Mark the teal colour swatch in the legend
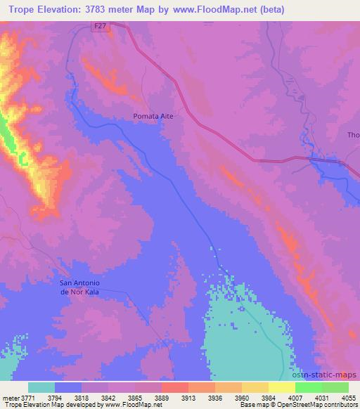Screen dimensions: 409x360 pos(41,387)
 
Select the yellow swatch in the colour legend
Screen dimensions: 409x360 pos(281,387)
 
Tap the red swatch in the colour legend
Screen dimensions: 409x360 pos(174,387)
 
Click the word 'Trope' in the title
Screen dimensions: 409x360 pos(18,10)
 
